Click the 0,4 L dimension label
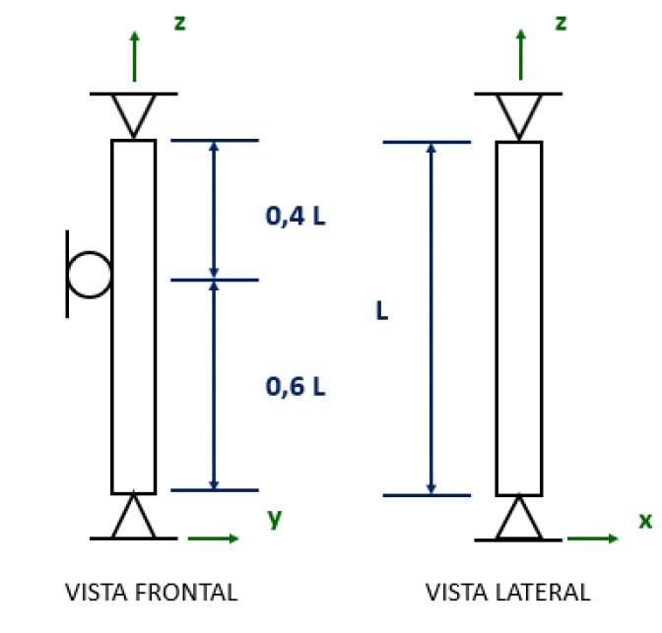click(295, 216)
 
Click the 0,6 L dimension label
click(295, 387)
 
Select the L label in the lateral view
click(381, 311)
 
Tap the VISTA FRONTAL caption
click(151, 593)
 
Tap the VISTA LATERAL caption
click(507, 593)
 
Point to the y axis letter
click(274, 518)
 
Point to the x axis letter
click(645, 520)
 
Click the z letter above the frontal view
click(179, 22)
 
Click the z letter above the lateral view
click(561, 22)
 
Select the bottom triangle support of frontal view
click(133, 520)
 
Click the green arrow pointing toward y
click(213, 538)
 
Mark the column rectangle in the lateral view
click(518, 317)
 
